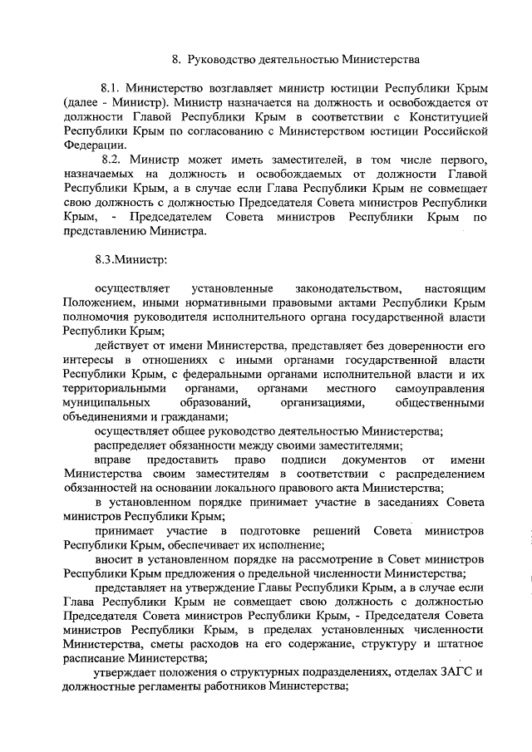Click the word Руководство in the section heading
(221, 60)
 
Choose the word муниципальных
(101, 402)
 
